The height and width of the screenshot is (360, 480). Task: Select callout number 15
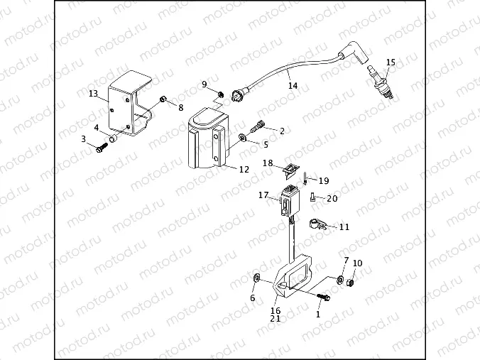click(x=390, y=62)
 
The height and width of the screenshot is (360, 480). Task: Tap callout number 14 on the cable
click(x=293, y=85)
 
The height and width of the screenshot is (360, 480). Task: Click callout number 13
click(x=93, y=94)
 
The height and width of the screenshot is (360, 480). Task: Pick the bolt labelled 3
click(x=102, y=146)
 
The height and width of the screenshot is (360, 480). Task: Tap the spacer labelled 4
click(x=114, y=136)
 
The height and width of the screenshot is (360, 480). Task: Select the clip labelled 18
click(x=289, y=169)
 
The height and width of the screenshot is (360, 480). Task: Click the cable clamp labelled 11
click(x=317, y=224)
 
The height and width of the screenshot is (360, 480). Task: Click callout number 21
click(x=275, y=319)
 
